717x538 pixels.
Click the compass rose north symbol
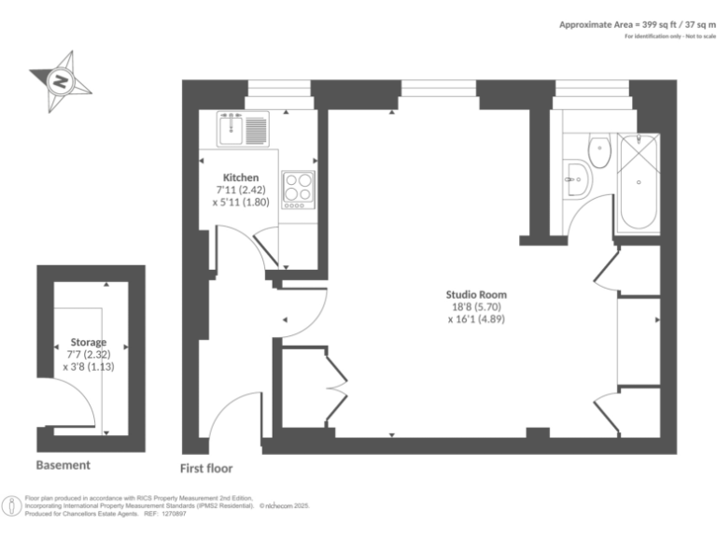point(62,81)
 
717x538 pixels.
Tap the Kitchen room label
point(240,177)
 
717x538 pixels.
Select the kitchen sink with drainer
point(243,128)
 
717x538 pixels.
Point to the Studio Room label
point(476,295)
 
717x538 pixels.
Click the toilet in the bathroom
point(597,149)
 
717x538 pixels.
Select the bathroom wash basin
point(576,177)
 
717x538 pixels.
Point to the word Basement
point(63,465)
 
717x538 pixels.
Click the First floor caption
point(206,468)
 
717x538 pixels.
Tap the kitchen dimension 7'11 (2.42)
point(241,189)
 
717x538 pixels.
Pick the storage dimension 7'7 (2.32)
point(88,355)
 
